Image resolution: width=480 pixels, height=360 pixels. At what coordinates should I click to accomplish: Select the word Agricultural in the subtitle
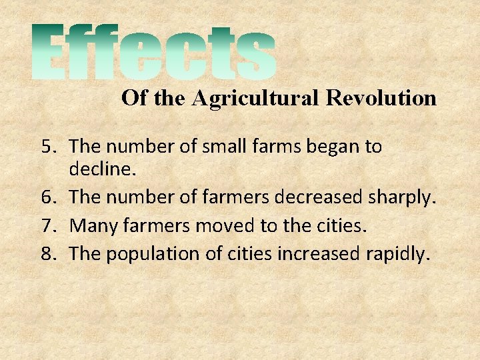[257, 99]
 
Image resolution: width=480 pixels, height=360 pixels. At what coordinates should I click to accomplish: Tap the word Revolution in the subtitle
[381, 99]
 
